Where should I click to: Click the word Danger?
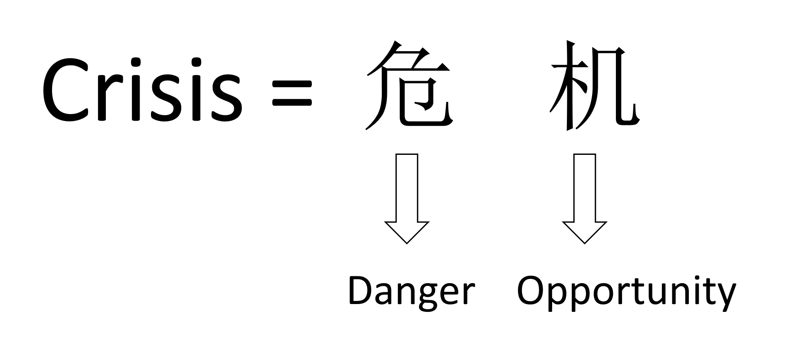pyautogui.click(x=411, y=292)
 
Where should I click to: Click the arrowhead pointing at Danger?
pyautogui.click(x=407, y=232)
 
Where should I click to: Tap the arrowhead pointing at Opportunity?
pyautogui.click(x=584, y=232)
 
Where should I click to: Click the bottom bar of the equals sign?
pyautogui.click(x=292, y=104)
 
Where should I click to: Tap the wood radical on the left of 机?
pyautogui.click(x=566, y=85)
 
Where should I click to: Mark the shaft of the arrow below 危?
pyautogui.click(x=407, y=188)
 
